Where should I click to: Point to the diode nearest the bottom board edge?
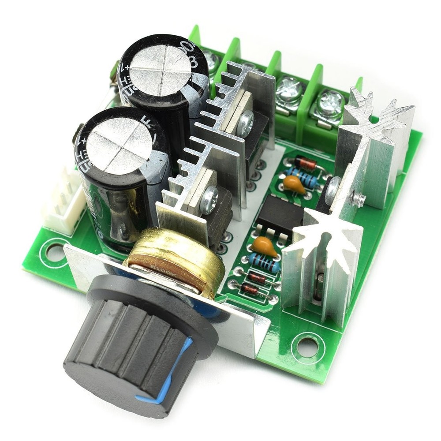tap(250, 289)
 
